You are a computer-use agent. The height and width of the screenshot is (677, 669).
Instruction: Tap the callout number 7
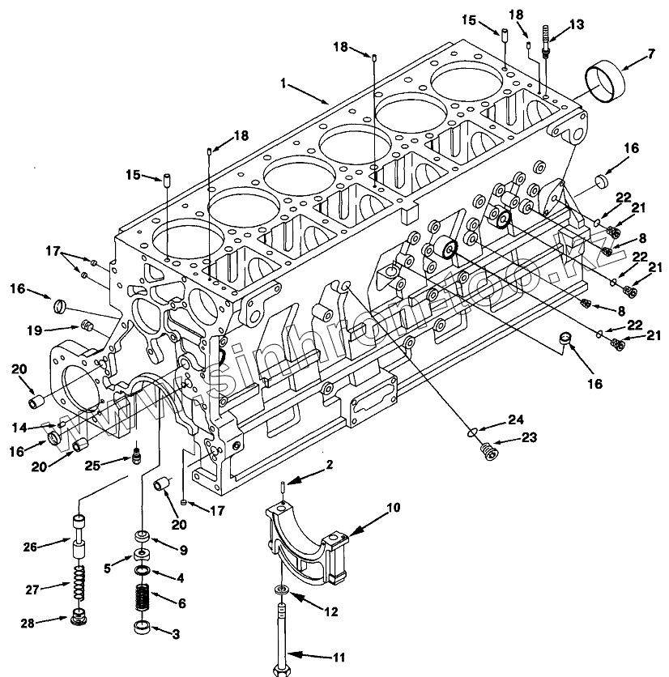click(650, 56)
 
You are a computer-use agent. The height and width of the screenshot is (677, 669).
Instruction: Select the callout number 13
click(576, 25)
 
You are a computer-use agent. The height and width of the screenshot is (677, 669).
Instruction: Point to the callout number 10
click(393, 509)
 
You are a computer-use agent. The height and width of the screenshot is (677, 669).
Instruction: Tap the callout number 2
click(330, 464)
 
